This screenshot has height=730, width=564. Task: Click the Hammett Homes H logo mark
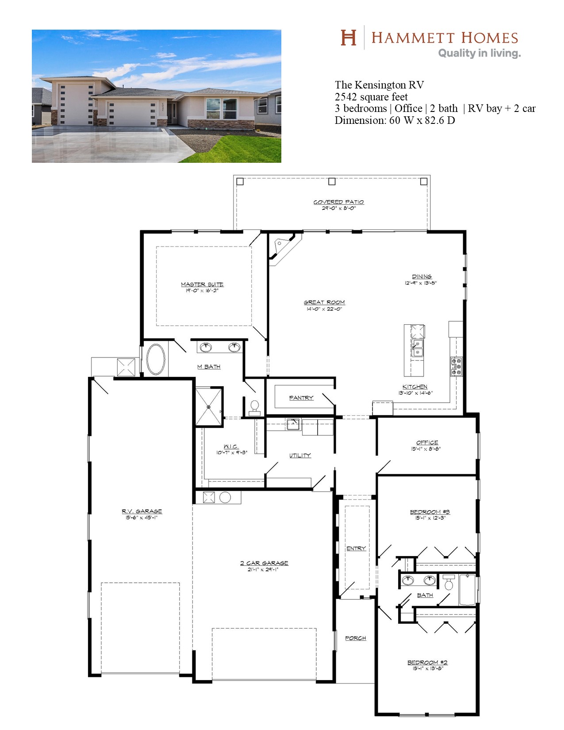click(x=348, y=37)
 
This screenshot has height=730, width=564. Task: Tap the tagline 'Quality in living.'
click(x=480, y=53)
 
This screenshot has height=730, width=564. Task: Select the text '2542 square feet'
click(x=371, y=97)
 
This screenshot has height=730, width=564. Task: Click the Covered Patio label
click(x=338, y=202)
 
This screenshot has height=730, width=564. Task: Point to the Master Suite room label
click(x=202, y=284)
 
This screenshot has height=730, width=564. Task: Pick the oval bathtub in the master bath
click(x=156, y=359)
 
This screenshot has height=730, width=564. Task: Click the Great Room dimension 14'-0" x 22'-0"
click(x=324, y=309)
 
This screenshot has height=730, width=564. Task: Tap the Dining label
click(x=422, y=276)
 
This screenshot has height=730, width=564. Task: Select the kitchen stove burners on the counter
click(x=456, y=366)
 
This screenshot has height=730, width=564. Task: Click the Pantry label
click(x=301, y=398)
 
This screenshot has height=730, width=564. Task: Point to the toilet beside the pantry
click(x=255, y=408)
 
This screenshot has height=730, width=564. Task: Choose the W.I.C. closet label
click(x=231, y=446)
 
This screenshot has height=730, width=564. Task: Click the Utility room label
click(x=300, y=455)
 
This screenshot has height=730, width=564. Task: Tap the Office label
click(x=427, y=442)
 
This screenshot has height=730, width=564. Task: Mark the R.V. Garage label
click(x=142, y=511)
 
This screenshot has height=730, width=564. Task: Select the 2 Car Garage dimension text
click(x=263, y=569)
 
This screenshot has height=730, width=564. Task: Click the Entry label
click(x=356, y=548)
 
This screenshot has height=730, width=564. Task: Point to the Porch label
click(x=355, y=638)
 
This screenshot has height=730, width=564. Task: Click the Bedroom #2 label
click(x=427, y=662)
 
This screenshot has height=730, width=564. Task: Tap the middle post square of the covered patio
click(x=332, y=181)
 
